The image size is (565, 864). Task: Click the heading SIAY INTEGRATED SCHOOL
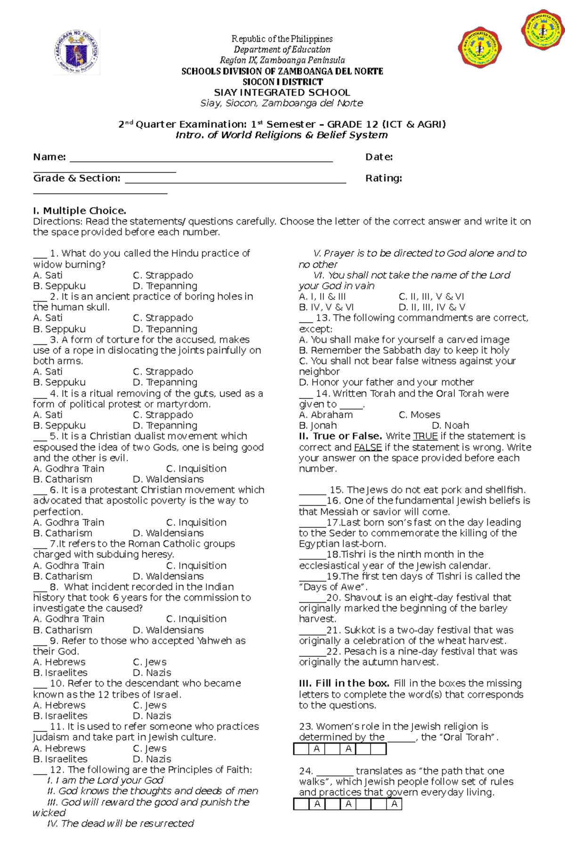tap(282, 92)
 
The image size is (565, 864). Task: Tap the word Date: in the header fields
tap(379, 157)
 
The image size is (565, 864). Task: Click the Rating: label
tap(383, 178)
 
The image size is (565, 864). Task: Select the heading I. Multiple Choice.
tap(80, 210)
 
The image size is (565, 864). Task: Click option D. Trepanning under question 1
tap(165, 286)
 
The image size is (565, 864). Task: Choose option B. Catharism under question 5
tap(63, 479)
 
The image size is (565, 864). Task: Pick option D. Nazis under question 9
tap(152, 673)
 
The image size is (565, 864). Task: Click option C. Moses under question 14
tap(419, 415)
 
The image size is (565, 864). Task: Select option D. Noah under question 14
tap(450, 426)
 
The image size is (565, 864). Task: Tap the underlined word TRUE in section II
tap(425, 436)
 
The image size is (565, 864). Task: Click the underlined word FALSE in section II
tap(368, 447)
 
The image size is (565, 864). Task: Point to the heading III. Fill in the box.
tap(344, 683)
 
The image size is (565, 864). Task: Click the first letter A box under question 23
tap(317, 749)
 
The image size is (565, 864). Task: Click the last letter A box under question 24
tap(395, 804)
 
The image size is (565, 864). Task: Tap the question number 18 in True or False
tap(333, 555)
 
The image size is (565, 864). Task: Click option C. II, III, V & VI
tap(431, 297)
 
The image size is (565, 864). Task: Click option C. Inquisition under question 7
tap(196, 565)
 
